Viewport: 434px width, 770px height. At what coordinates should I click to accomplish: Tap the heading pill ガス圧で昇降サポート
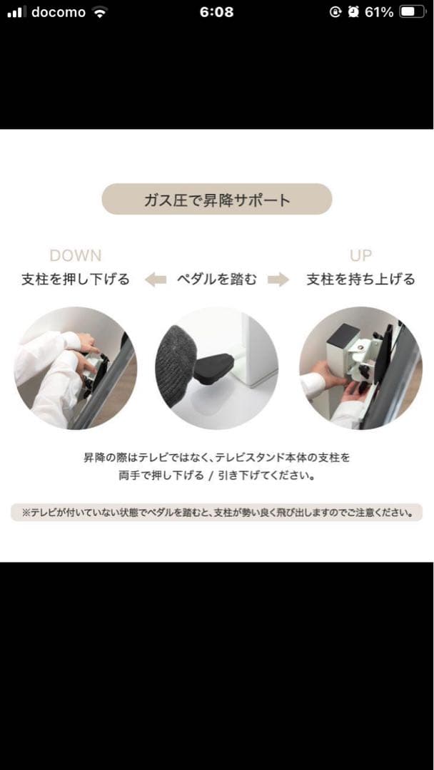[x=217, y=200]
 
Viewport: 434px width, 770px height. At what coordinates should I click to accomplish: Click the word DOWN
[x=75, y=255]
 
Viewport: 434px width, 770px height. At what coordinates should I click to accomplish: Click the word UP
[x=360, y=255]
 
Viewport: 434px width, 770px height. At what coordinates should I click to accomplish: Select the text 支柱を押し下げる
[x=76, y=279]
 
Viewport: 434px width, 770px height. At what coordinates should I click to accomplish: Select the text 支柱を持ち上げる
[x=360, y=279]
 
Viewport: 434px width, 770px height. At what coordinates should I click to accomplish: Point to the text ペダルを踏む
[x=217, y=279]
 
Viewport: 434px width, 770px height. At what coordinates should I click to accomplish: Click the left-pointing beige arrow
[x=155, y=279]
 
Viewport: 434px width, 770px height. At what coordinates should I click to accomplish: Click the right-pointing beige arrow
[x=278, y=279]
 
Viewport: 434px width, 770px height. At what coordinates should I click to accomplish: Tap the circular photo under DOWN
[x=76, y=368]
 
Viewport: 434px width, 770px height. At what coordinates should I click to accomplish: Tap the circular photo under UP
[x=360, y=368]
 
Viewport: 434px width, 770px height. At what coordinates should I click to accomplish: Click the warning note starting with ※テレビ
[x=217, y=513]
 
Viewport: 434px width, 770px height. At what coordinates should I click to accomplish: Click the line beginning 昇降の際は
[x=217, y=457]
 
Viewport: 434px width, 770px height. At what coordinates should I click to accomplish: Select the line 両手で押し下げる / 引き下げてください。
[x=217, y=475]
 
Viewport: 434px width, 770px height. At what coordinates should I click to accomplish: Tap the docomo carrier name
[x=58, y=12]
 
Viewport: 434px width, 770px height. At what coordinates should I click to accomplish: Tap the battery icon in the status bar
[x=412, y=12]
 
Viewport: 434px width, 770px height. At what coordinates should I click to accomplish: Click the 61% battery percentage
[x=378, y=12]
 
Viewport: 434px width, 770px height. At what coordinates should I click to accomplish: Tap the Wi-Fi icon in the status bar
[x=100, y=12]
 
